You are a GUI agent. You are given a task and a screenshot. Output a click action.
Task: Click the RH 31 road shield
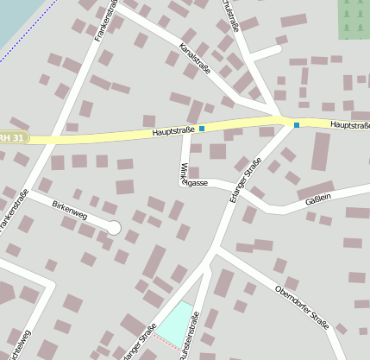(x=13, y=137)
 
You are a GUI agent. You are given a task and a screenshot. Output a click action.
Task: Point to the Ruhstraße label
(x=231, y=15)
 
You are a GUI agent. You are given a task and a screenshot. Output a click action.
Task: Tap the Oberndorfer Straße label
(x=302, y=306)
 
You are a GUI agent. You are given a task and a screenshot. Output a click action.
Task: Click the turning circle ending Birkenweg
(x=114, y=227)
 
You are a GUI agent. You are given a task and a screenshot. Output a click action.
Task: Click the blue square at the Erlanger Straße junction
(x=297, y=125)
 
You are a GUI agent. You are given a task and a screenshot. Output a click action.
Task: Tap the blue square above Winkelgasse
(x=202, y=129)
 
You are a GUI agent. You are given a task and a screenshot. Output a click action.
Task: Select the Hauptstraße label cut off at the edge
(x=350, y=125)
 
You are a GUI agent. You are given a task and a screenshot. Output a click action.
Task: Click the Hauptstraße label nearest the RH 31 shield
(x=172, y=131)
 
